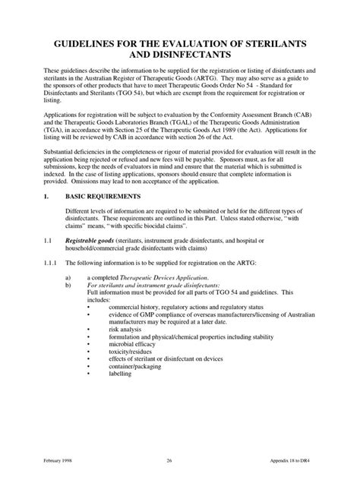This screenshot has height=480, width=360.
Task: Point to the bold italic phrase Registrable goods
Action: pos(107,240)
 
